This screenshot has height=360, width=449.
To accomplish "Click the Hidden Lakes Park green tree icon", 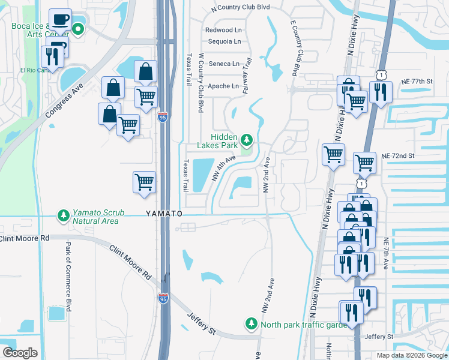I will [246, 140].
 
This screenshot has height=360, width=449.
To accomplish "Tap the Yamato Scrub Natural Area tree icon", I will [62, 215].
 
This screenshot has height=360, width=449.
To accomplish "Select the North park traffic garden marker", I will [251, 324].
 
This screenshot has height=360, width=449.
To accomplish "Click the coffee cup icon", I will [60, 20].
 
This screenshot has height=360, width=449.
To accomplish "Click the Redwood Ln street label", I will [223, 30].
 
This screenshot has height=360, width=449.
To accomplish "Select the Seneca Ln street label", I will [223, 64].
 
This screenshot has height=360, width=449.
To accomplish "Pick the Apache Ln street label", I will [223, 86].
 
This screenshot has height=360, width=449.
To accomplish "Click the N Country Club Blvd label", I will [241, 8].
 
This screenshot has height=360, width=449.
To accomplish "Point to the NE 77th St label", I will [417, 81].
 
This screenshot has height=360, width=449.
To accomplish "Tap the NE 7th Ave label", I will [387, 253].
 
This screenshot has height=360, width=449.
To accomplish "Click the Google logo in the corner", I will [20, 353].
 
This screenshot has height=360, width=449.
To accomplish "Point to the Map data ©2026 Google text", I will [411, 355].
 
